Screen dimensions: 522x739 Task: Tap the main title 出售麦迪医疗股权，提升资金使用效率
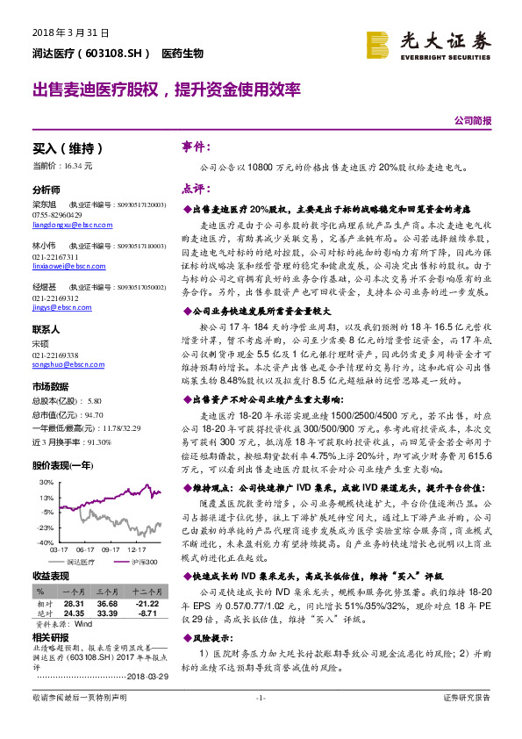tap(167, 90)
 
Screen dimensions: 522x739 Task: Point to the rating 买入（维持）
tap(68, 148)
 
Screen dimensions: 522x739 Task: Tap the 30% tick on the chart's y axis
tap(44, 483)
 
